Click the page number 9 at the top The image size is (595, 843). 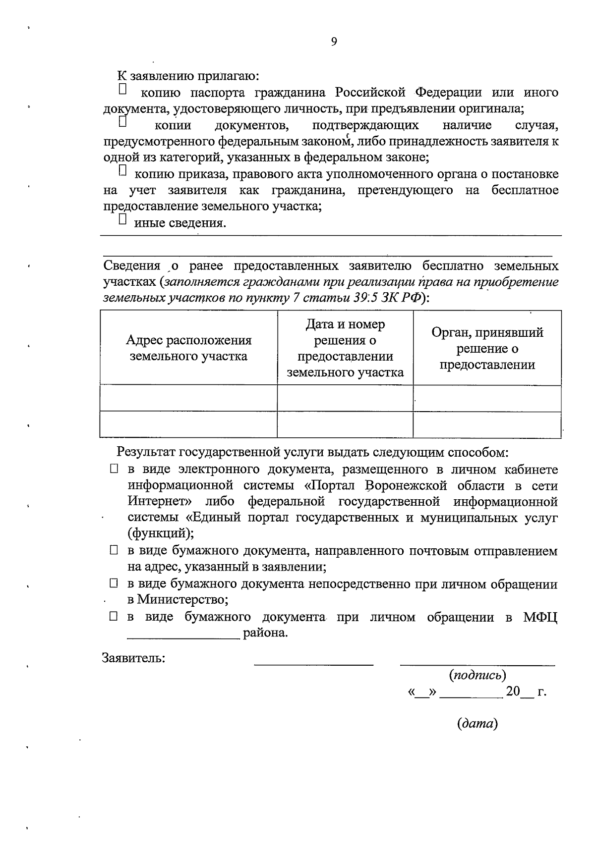coord(334,42)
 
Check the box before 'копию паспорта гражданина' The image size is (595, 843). coord(123,90)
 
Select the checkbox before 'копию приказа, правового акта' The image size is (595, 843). coord(123,170)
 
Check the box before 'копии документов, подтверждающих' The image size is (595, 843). coord(123,121)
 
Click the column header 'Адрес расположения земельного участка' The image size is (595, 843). coord(188,348)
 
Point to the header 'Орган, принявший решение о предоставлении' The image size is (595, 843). coord(487,348)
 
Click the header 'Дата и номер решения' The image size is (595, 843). coord(345,348)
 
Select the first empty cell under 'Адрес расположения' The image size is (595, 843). coord(188,398)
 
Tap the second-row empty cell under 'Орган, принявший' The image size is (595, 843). coord(487,424)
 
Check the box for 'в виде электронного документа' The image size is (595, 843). coord(114,469)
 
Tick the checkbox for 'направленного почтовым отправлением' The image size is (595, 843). coord(114,550)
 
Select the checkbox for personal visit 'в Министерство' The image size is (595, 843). coord(114,584)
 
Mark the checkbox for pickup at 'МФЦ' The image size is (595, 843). coord(114,617)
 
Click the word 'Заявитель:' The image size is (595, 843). coord(134,658)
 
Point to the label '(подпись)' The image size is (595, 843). coord(477,675)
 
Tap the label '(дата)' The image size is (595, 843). coord(477,724)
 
